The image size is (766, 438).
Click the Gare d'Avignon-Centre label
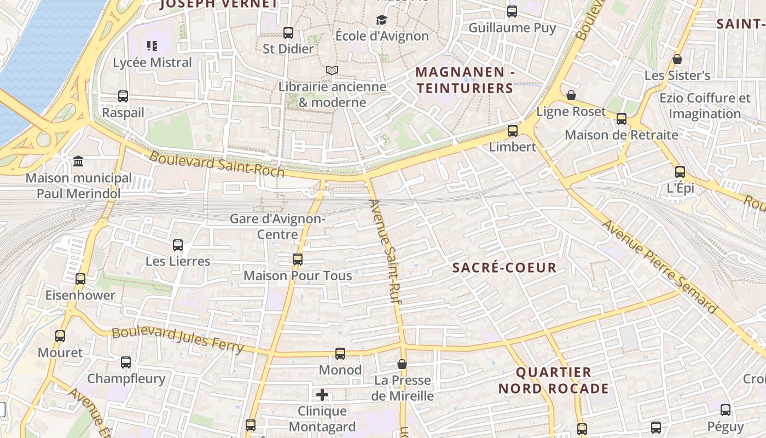(277, 227)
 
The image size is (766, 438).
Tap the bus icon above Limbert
(513, 131)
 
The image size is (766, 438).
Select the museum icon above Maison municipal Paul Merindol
(78, 162)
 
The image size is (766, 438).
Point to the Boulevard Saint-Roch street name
(217, 164)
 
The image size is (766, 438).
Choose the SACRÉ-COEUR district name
(504, 268)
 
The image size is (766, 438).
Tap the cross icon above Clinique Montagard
(322, 395)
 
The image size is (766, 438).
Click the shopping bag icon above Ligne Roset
(571, 96)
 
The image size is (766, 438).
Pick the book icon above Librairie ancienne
(332, 70)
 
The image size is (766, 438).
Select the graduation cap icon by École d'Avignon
(381, 20)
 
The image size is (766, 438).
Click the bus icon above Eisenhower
(80, 279)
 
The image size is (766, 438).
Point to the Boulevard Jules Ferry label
(178, 340)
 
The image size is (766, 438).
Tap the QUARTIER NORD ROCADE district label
(554, 381)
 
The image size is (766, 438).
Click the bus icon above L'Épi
(680, 172)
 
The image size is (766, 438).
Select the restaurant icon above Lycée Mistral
(152, 46)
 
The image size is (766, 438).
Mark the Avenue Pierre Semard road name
(659, 267)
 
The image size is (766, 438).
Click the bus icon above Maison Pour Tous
(298, 260)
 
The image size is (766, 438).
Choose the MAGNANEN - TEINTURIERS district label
(465, 80)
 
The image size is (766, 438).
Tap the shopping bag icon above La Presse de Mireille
(402, 364)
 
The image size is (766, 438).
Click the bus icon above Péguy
(726, 410)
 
